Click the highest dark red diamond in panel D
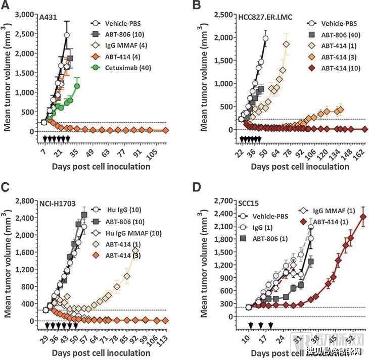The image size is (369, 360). pos(362,217)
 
